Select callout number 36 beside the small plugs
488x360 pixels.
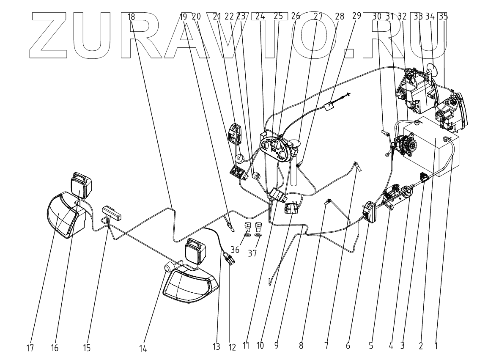pos(235,250)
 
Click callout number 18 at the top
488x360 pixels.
pos(131,17)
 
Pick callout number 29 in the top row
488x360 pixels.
pos(356,16)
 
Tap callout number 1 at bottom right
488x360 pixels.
pos(436,346)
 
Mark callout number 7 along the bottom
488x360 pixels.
pos(326,346)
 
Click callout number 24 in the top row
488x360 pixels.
pos(260,16)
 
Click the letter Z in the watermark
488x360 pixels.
pos(53,36)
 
